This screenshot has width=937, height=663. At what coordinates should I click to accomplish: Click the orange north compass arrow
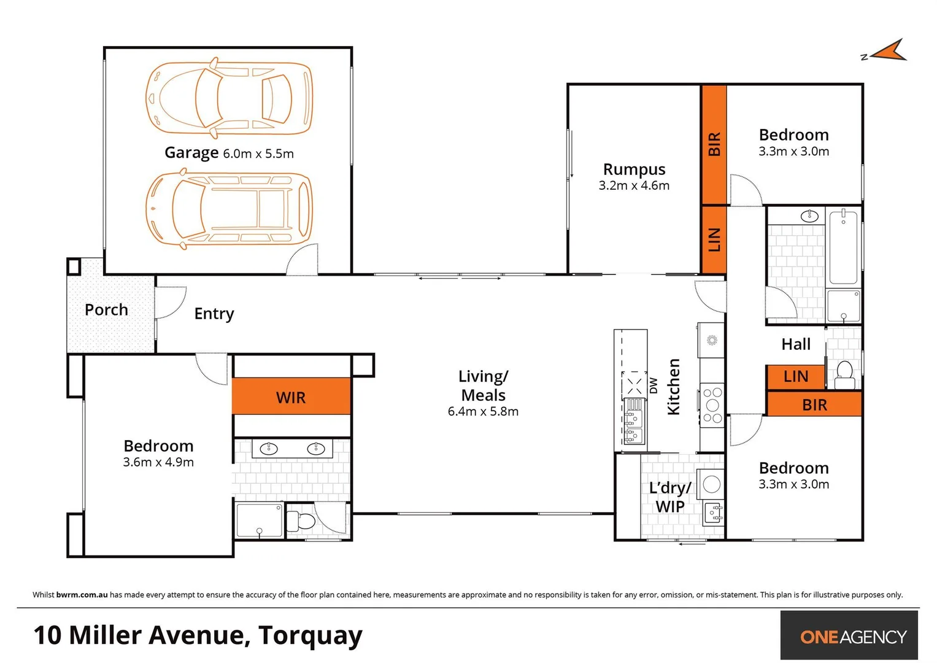(x=889, y=52)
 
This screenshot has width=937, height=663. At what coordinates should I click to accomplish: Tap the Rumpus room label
(x=634, y=169)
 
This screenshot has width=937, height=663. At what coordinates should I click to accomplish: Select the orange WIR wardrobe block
(x=291, y=397)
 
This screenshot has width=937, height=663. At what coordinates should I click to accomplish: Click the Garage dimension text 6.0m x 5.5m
(x=258, y=153)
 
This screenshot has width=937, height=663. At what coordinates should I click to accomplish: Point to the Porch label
(x=106, y=310)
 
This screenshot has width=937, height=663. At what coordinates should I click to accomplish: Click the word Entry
(x=214, y=314)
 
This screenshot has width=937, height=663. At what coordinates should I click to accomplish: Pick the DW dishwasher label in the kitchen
(x=654, y=386)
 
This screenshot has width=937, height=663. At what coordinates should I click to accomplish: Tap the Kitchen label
(x=674, y=387)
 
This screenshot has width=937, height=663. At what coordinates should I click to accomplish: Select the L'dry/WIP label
(x=670, y=497)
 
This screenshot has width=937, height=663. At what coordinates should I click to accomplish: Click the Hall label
(x=796, y=344)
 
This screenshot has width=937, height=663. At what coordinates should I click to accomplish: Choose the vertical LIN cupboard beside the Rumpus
(x=714, y=239)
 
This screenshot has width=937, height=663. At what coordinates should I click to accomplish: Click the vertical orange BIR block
(x=714, y=144)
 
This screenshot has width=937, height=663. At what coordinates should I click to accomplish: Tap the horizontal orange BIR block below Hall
(x=814, y=405)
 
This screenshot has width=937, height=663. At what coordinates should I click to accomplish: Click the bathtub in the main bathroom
(x=843, y=247)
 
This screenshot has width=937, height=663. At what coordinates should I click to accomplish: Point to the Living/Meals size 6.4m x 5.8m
(x=483, y=411)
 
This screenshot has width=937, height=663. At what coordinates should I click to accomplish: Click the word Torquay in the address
(x=310, y=635)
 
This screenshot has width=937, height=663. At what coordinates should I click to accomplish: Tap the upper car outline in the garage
(x=229, y=98)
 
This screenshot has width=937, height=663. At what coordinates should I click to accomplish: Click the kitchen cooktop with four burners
(x=712, y=405)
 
